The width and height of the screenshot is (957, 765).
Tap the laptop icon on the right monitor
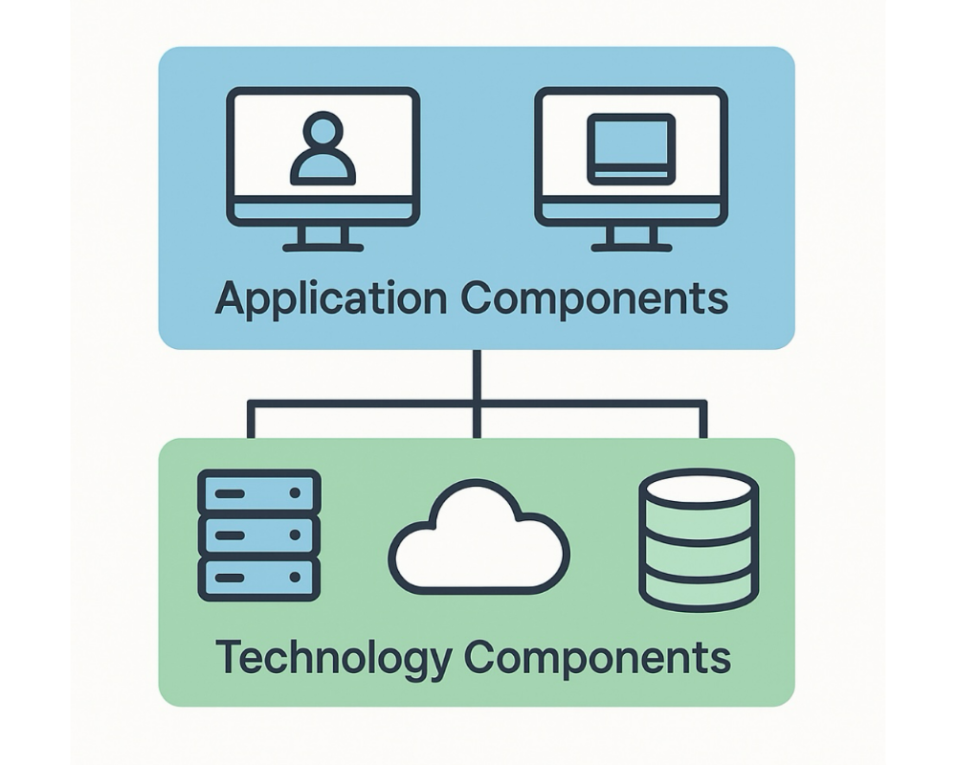coord(631,149)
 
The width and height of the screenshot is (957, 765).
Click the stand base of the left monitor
coord(323,248)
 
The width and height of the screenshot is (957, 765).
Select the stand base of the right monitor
coord(631,248)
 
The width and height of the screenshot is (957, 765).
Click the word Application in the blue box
coord(329,299)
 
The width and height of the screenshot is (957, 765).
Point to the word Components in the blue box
coord(593,298)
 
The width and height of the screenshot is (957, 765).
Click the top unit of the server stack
coord(258,492)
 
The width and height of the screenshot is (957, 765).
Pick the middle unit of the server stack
coord(258,535)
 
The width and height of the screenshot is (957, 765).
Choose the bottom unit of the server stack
coord(258,578)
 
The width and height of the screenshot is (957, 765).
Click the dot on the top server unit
coord(295,492)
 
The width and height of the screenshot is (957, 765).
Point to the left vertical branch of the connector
coord(251,421)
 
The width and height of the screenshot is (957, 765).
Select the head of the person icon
coord(323,130)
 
